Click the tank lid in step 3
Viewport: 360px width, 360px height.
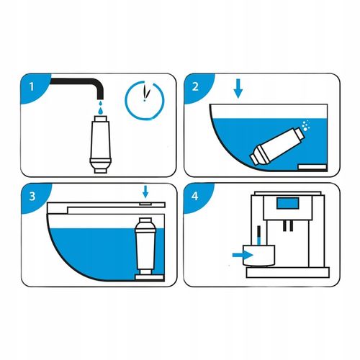tap(101, 207)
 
